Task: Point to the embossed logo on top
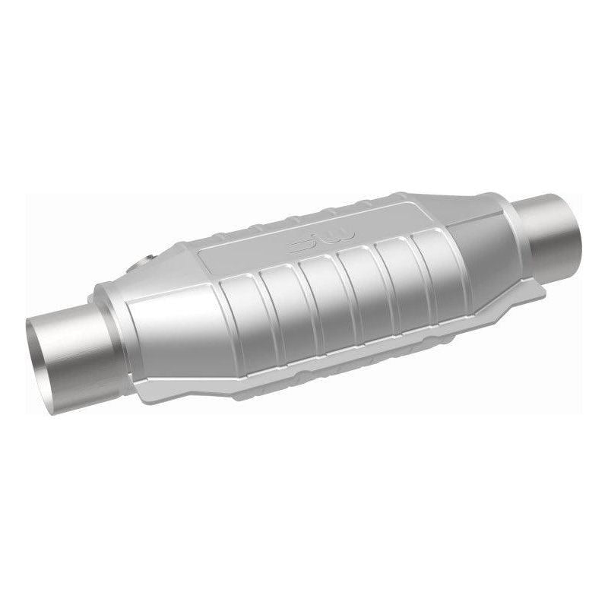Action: (307, 243)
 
